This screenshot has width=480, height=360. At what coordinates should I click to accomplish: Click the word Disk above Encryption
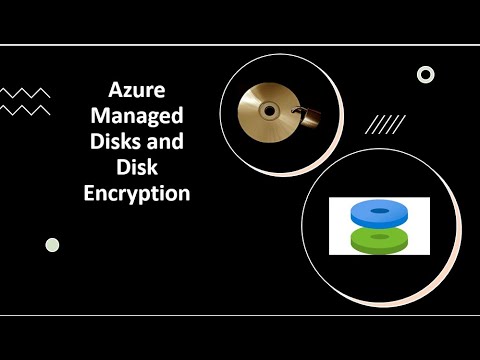136,168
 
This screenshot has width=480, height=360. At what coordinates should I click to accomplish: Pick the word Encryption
137,195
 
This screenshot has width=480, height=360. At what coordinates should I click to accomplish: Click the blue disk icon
379,211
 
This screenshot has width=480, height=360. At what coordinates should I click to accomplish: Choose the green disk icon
379,238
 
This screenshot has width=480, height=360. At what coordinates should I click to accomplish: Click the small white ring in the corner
425,74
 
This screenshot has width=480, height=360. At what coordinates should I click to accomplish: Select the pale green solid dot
52,245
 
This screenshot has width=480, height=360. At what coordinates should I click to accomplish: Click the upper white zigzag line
25,93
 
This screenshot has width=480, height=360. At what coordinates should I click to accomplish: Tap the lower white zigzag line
25,110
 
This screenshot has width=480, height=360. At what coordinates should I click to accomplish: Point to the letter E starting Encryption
90,195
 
